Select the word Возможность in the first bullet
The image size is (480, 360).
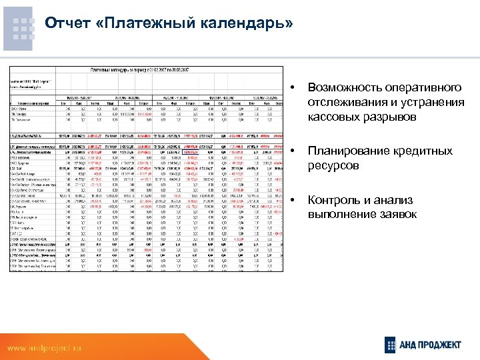pos(347,88)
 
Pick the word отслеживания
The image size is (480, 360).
pos(348,103)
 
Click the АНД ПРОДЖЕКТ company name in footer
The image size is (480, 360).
pos(434,345)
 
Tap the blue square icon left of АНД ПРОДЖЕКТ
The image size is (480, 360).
pos(392,345)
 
